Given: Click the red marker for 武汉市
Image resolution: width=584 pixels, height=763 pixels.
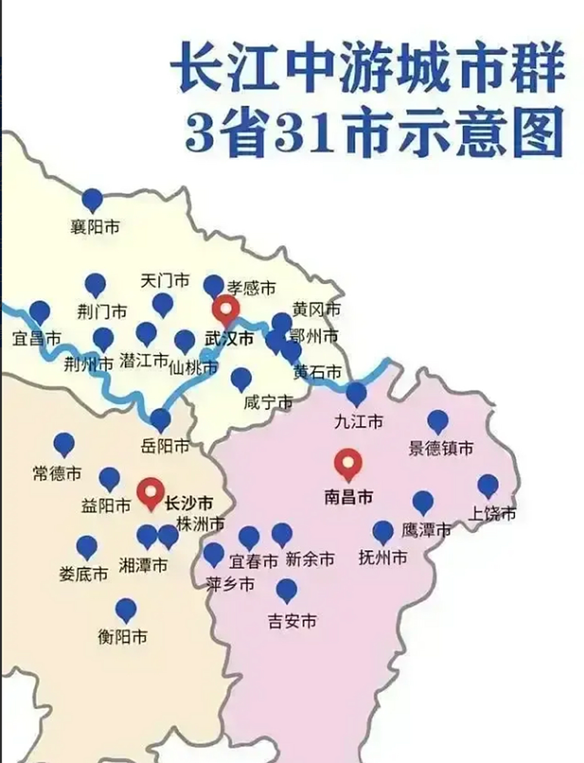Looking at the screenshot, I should (226, 309).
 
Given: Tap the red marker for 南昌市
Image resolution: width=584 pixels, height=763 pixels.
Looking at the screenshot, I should (348, 463).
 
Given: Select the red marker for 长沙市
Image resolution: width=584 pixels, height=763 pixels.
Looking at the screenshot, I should (150, 492).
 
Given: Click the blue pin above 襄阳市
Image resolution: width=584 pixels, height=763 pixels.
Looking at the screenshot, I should (92, 200).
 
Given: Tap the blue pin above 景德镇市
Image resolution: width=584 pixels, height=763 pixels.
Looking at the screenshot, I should (438, 421).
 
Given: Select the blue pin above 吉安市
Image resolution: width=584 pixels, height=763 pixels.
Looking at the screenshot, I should (287, 590).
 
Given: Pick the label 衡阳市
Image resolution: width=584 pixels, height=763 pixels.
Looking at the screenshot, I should (123, 637).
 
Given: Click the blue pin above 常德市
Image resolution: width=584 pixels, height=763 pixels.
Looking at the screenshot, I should (64, 444).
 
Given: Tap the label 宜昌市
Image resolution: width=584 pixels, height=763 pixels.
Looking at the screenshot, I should (37, 339).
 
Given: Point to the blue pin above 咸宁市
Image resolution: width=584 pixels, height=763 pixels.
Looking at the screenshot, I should (241, 379).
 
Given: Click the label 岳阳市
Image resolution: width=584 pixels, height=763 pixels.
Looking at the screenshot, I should (165, 446).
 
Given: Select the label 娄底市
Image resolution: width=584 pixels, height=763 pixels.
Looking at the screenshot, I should (83, 574).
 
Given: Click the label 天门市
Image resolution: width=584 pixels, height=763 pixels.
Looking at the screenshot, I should (165, 280).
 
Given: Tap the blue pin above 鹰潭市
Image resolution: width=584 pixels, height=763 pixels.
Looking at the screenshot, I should (423, 502).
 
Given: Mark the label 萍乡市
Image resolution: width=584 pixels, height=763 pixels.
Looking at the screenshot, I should (230, 584).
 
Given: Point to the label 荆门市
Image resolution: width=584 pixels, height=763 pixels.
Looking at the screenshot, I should (102, 311).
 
